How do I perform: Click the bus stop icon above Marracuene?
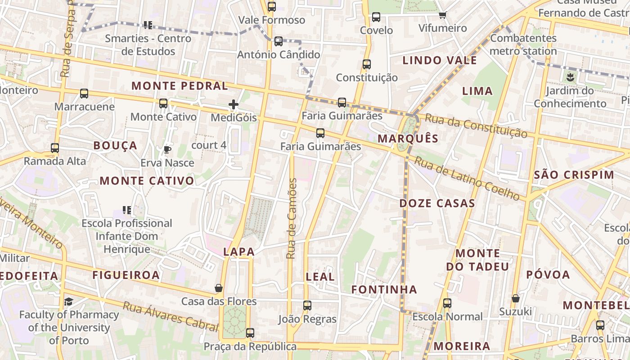click(84, 94)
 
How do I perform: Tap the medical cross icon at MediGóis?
click(234, 105)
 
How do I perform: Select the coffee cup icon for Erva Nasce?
click(167, 149)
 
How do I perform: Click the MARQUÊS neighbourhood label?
click(408, 138)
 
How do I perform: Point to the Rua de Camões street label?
click(292, 219)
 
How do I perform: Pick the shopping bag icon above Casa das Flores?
click(219, 288)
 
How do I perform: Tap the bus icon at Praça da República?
click(250, 333)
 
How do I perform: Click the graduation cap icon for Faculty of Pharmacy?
click(68, 301)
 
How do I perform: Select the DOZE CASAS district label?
click(437, 203)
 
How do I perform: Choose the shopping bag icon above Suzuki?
click(516, 298)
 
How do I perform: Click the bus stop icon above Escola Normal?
click(447, 303)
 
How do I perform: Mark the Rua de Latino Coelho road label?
click(467, 178)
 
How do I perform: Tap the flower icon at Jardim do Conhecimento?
click(570, 77)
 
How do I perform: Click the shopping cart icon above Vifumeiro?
click(443, 15)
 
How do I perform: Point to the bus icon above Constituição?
click(367, 64)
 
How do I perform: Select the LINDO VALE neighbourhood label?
click(439, 60)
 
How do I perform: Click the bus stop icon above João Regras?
click(307, 306)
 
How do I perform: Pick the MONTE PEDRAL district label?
click(180, 85)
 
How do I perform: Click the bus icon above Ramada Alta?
click(55, 148)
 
